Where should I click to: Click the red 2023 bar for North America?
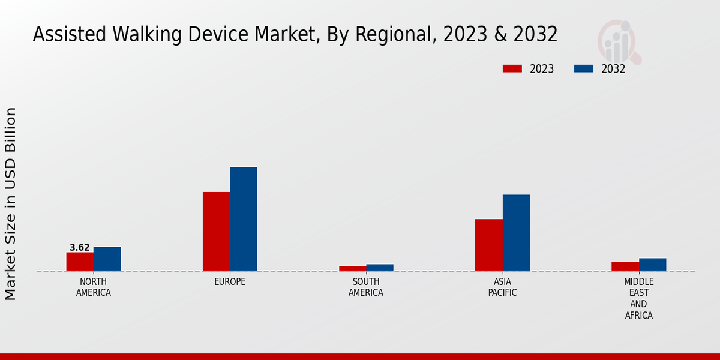pyautogui.click(x=80, y=262)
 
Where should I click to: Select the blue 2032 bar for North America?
pyautogui.click(x=107, y=259)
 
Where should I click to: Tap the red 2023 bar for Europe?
pyautogui.click(x=216, y=232)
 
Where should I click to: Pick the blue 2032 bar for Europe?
pyautogui.click(x=243, y=219)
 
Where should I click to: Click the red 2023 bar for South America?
pyautogui.click(x=352, y=268)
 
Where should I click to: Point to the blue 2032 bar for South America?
pyautogui.click(x=380, y=268)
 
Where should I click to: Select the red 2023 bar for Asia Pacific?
pyautogui.click(x=488, y=245)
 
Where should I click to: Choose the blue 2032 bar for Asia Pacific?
pyautogui.click(x=516, y=233)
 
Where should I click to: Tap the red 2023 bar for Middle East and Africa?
pyautogui.click(x=625, y=266)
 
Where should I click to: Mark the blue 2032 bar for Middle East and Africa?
pyautogui.click(x=652, y=265)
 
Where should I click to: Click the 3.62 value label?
pyautogui.click(x=80, y=247)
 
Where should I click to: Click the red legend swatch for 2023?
pyautogui.click(x=512, y=69)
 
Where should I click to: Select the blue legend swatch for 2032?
pyautogui.click(x=583, y=69)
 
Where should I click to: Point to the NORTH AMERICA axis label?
pyautogui.click(x=94, y=287)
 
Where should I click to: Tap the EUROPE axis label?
pyautogui.click(x=230, y=282)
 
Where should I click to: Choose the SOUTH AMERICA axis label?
pyautogui.click(x=366, y=287)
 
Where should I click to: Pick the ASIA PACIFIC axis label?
pyautogui.click(x=502, y=287)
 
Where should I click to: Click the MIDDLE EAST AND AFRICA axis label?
pyautogui.click(x=639, y=298)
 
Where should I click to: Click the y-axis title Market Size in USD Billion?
pyautogui.click(x=11, y=204)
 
